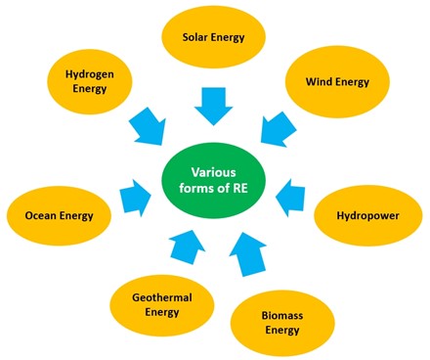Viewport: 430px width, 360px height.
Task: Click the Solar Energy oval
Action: click(214, 36)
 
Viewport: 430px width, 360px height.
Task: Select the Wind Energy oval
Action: click(337, 81)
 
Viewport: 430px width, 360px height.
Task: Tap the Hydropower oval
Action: click(368, 215)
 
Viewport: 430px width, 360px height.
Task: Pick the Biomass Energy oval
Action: click(282, 323)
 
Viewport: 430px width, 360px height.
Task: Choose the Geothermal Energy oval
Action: click(162, 305)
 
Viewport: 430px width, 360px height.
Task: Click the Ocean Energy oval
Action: click(59, 215)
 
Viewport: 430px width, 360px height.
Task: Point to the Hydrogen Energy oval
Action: click(90, 81)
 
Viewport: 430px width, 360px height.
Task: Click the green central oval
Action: click(214, 180)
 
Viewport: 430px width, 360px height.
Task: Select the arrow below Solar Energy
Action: click(214, 107)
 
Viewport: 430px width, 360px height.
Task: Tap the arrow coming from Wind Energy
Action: click(278, 129)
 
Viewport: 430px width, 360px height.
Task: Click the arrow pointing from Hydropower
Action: click(291, 198)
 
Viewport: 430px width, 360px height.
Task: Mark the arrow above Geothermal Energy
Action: click(187, 247)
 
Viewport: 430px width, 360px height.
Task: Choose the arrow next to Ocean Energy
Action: click(135, 198)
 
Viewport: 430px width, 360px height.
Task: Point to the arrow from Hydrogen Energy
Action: click(149, 126)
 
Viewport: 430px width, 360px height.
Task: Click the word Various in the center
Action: click(213, 172)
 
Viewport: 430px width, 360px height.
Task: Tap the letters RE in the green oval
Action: click(241, 188)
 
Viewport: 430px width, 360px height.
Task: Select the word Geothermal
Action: click(162, 297)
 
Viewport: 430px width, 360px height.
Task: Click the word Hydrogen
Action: click(90, 74)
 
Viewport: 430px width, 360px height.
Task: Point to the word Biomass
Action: click(282, 315)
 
